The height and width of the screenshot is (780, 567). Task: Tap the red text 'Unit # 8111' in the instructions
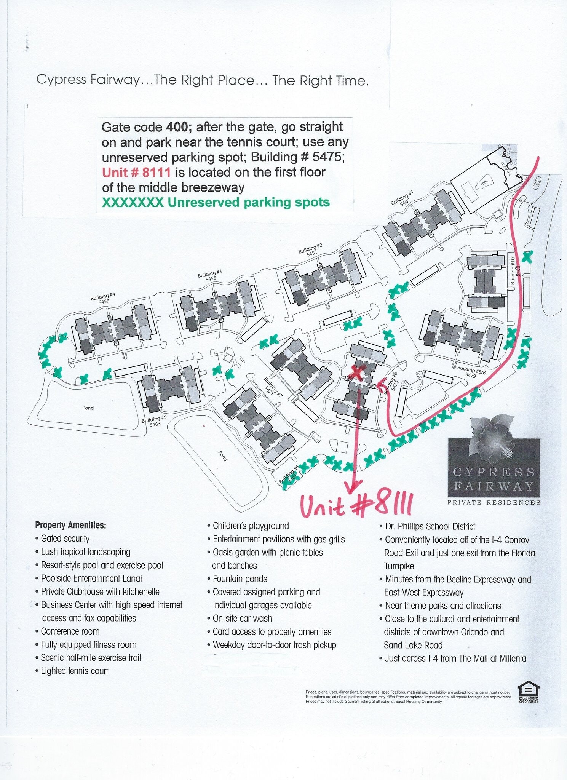(x=136, y=173)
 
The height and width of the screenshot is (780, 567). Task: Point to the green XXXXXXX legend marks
(x=133, y=203)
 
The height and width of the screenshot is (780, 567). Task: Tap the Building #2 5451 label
(x=311, y=250)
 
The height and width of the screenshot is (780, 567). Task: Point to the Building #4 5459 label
(x=103, y=298)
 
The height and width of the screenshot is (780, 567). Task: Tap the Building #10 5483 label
(x=515, y=271)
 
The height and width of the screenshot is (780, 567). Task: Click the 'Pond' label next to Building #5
(x=88, y=408)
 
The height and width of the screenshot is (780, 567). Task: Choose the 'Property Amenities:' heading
(x=70, y=525)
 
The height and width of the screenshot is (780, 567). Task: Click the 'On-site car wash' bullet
(x=242, y=618)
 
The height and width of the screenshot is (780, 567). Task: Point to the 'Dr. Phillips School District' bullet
(x=430, y=526)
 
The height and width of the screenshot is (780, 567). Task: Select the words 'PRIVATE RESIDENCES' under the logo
(x=494, y=502)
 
